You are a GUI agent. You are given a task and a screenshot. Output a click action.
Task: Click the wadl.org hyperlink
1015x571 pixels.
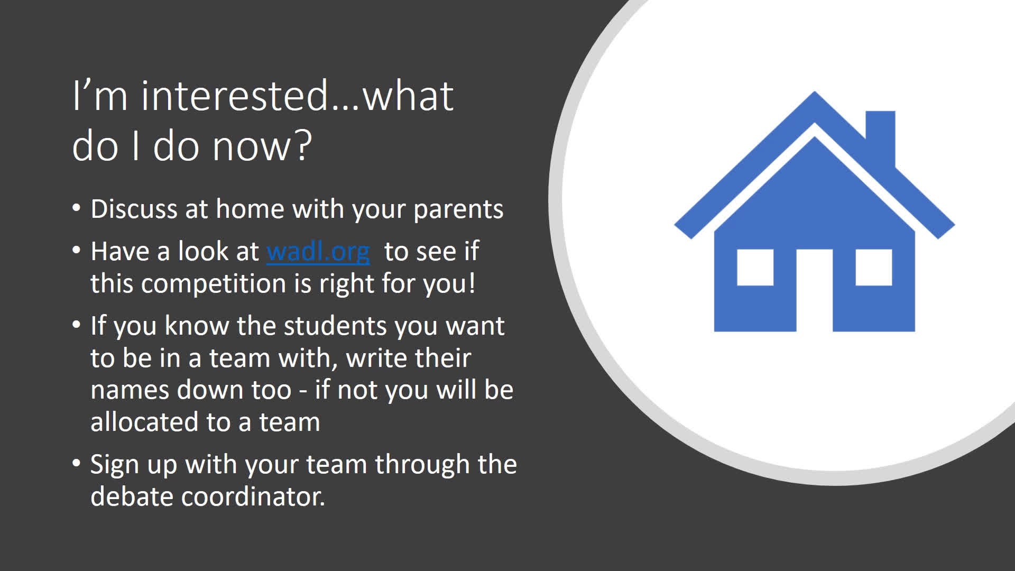(x=318, y=252)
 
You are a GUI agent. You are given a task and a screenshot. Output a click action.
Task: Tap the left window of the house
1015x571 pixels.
(x=755, y=268)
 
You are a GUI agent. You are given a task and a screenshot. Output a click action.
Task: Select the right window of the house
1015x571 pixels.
(x=874, y=268)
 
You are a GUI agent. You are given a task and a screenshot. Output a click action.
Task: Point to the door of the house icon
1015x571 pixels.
(x=815, y=290)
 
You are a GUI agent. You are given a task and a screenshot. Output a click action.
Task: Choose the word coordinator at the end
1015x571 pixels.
(x=253, y=496)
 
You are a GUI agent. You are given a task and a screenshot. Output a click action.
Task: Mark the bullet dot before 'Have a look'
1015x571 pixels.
(x=77, y=250)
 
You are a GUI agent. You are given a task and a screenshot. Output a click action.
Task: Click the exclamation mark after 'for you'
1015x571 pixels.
(x=472, y=283)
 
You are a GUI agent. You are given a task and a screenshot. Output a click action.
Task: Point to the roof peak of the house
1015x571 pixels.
(x=815, y=93)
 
